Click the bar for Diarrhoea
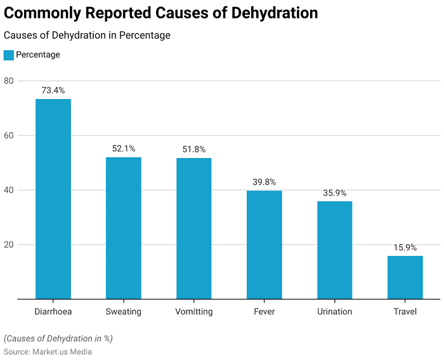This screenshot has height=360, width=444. click(53, 199)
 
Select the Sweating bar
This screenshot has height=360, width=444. click(124, 228)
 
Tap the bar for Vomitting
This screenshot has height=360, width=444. click(193, 229)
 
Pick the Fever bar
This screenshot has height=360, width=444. click(264, 244)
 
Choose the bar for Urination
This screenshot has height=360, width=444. click(334, 250)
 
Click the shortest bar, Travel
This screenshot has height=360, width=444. click(405, 277)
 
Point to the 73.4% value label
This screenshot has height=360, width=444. click(53, 91)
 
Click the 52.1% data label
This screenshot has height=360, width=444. click(124, 149)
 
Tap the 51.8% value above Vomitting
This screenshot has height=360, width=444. click(193, 149)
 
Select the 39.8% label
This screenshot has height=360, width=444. click(264, 182)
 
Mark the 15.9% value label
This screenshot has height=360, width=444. click(405, 248)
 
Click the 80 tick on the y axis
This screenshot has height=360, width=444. click(9, 81)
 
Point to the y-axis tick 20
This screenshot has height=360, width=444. click(9, 244)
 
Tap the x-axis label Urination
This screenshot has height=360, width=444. click(334, 312)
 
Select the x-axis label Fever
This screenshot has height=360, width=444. click(264, 312)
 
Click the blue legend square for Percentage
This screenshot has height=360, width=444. click(8, 55)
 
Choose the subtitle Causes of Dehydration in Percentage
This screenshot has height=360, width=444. click(87, 36)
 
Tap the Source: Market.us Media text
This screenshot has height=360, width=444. click(48, 352)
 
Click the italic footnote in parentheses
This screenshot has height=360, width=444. click(58, 338)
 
